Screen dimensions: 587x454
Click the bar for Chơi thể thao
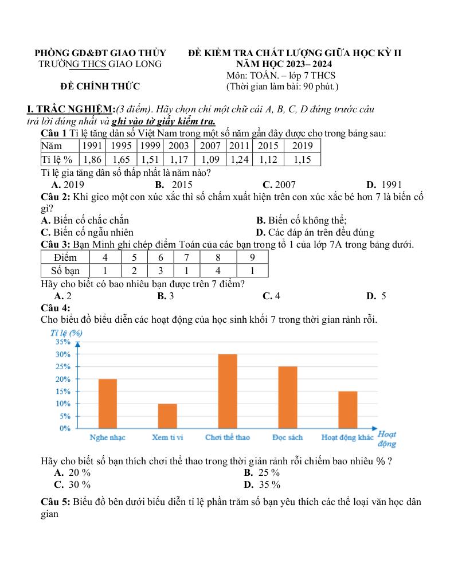[228, 391]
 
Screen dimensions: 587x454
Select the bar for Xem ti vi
[167, 416]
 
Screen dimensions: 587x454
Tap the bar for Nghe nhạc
[108, 403]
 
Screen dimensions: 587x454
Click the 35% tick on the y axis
[64, 342]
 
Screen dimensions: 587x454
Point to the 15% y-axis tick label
[64, 392]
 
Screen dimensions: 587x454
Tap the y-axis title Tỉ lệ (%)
[66, 332]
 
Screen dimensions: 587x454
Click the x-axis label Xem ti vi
[167, 437]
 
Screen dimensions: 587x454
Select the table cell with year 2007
[210, 146]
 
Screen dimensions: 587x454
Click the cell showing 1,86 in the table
[92, 159]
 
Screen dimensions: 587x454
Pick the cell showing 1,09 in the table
[210, 159]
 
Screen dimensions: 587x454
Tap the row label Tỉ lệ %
[58, 159]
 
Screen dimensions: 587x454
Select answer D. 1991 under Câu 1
[383, 185]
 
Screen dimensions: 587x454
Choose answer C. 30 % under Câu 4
[72, 485]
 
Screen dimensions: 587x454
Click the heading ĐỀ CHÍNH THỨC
[100, 87]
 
